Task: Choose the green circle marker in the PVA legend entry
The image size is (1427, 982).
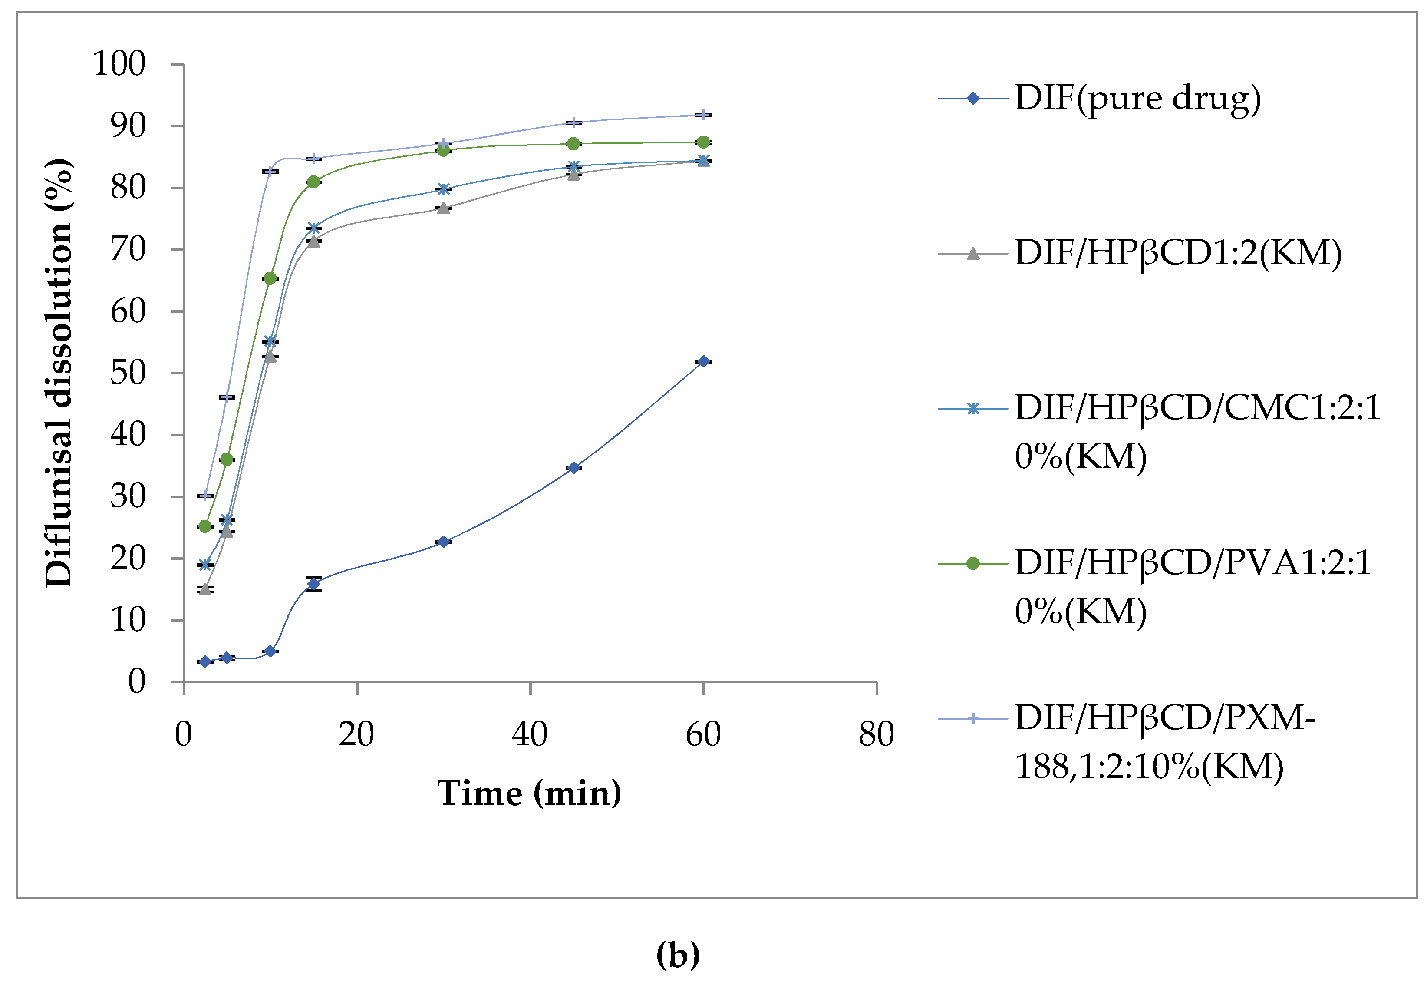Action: coord(972,563)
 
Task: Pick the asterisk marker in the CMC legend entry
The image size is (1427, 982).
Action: coord(972,409)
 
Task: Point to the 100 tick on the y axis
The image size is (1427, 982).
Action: coord(119,63)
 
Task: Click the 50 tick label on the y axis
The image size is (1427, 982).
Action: coord(128,373)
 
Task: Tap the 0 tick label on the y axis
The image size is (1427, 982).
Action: coord(137,682)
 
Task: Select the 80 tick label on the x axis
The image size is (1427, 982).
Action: coord(876,734)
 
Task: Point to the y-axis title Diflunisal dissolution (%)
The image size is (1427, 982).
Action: coord(59,373)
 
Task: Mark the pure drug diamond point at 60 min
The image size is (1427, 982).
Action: coord(703,361)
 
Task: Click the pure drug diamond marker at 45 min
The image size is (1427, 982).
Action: coord(573,468)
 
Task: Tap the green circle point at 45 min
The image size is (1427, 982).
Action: coord(573,143)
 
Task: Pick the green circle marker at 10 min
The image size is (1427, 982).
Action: coord(270,278)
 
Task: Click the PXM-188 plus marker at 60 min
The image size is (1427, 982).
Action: coord(703,115)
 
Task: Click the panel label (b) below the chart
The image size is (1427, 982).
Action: coord(678,954)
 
